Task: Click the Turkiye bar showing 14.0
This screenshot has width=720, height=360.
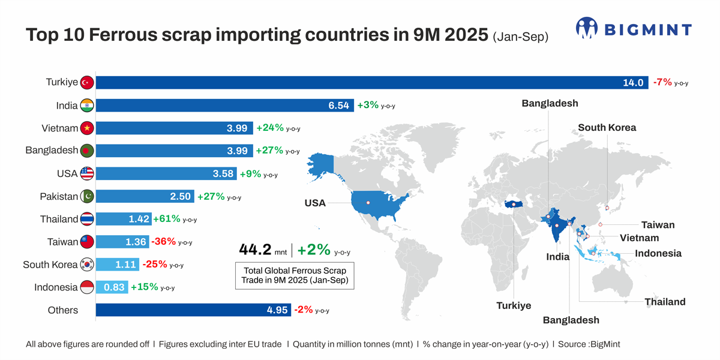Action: (x=372, y=82)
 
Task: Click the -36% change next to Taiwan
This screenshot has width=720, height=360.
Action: (x=163, y=242)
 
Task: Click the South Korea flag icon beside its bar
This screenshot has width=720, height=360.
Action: (x=87, y=265)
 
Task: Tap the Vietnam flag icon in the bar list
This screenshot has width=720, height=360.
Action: (x=87, y=128)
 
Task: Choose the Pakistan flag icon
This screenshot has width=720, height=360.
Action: (x=87, y=196)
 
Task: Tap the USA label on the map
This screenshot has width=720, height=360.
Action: (x=315, y=203)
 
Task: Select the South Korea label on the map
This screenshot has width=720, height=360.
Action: (x=607, y=128)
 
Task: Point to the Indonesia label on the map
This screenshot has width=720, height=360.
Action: (x=658, y=253)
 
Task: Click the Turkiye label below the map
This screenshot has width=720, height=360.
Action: (x=514, y=305)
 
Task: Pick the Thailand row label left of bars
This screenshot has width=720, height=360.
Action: (x=59, y=219)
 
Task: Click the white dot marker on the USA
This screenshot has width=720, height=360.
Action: (x=368, y=203)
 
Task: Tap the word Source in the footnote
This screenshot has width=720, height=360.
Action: (x=571, y=344)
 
